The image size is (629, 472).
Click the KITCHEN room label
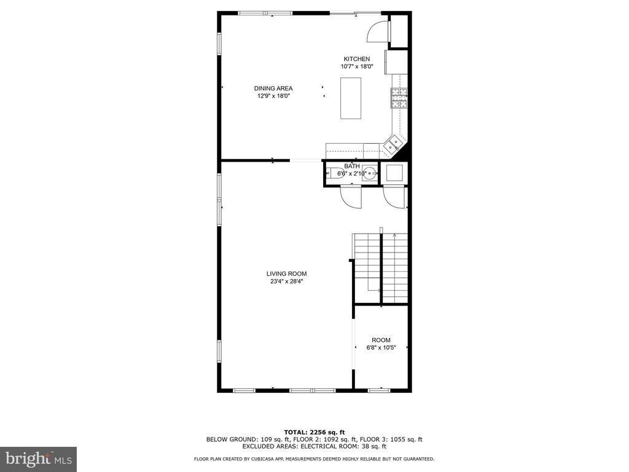[357, 59]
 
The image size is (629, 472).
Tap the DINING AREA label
[273, 88]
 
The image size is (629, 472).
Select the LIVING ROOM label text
[286, 273]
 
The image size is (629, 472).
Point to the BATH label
[352, 166]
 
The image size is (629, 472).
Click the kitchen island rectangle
[351, 98]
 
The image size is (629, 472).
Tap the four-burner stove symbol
[399, 98]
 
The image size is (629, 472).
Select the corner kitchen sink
[393, 145]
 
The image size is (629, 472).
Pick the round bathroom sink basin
[370, 173]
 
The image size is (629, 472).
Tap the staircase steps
[380, 268]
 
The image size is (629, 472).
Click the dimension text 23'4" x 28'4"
[286, 281]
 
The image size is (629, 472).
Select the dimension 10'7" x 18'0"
[357, 66]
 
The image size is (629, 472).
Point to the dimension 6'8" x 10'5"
[381, 348]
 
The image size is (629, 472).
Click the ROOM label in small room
[381, 340]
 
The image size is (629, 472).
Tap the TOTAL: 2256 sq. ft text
[314, 432]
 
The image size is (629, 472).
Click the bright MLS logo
[39, 458]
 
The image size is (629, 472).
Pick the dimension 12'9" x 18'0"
[273, 96]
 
